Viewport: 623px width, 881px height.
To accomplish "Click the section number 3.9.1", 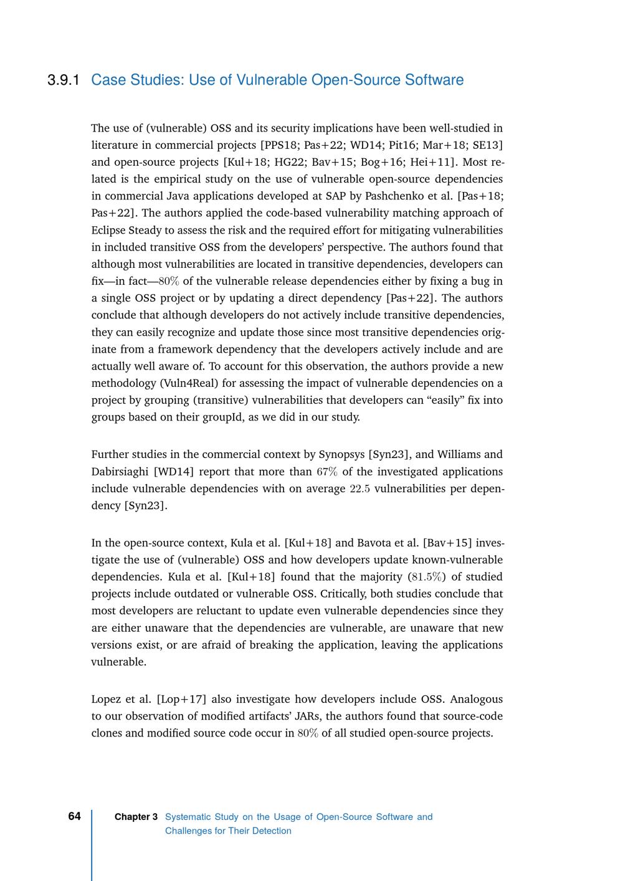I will tap(64, 80).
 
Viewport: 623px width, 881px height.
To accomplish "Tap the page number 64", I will tap(74, 816).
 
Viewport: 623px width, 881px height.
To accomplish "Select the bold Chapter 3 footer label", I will tap(136, 817).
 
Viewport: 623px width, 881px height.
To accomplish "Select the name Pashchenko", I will tap(396, 196).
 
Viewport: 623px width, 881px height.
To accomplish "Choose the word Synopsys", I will tap(341, 455).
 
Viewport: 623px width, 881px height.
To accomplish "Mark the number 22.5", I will tap(359, 488).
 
